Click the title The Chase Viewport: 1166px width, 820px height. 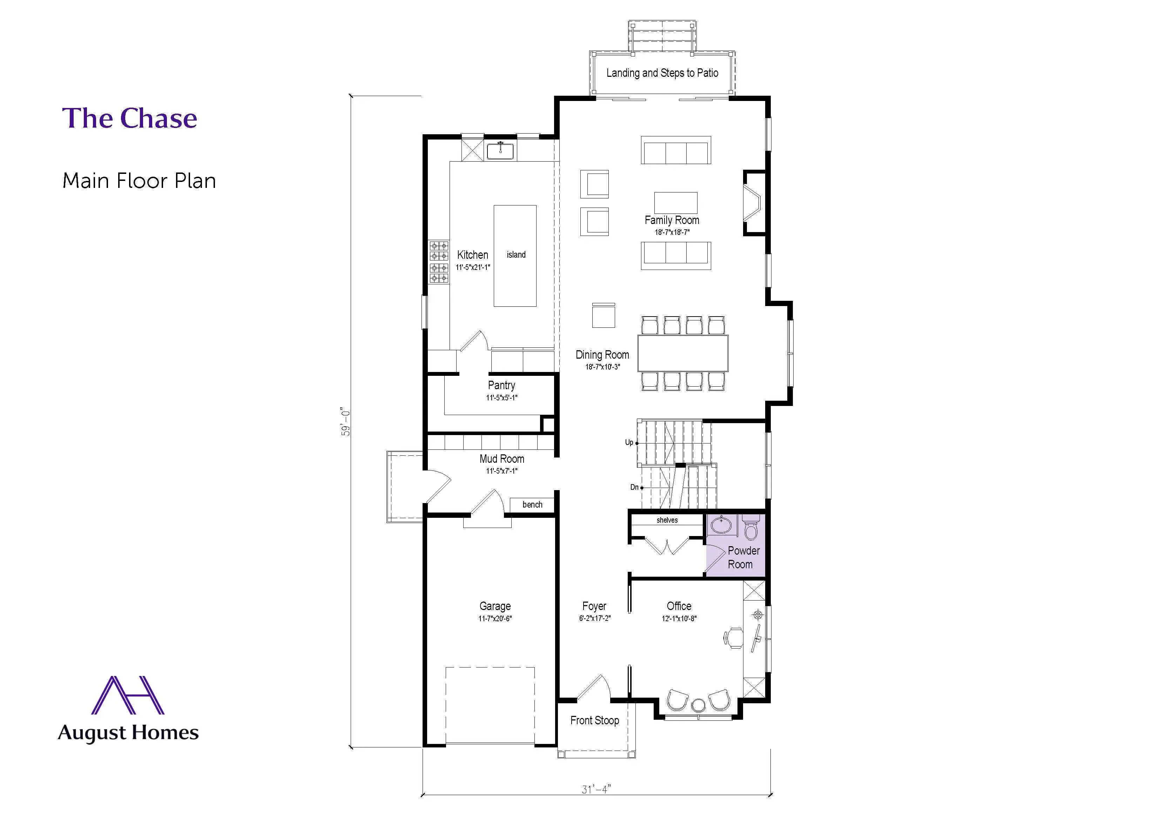pos(129,118)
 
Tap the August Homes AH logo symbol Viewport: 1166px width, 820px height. pos(127,696)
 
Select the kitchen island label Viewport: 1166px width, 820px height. pos(516,255)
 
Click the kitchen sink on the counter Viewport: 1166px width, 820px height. pos(500,151)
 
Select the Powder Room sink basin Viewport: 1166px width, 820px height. pos(721,524)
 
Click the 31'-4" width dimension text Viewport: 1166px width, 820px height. pos(596,789)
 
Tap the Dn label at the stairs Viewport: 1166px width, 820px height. pos(634,487)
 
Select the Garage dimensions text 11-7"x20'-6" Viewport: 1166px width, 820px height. pos(495,618)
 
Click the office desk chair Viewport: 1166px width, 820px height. pos(734,638)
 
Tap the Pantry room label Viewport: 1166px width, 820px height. pos(501,385)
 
